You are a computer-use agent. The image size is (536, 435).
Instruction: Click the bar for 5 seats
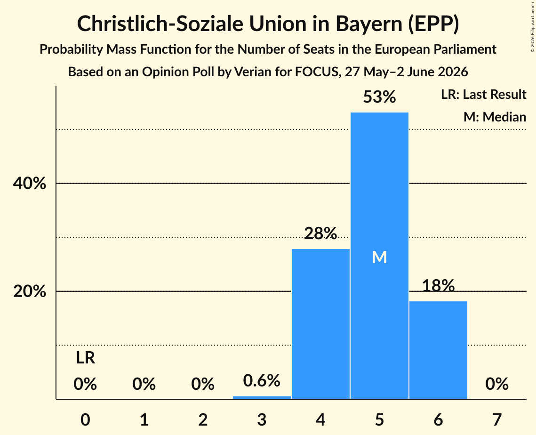coord(379,256)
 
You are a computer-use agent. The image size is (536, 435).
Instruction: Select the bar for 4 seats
coord(320,324)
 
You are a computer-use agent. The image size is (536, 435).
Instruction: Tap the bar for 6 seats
coord(438,350)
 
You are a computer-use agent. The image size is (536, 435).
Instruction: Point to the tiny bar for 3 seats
coord(262,397)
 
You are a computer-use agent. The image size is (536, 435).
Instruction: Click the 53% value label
coord(379,97)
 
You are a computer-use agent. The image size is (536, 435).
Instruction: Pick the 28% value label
coord(320,233)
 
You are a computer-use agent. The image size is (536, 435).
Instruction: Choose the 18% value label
coord(438,286)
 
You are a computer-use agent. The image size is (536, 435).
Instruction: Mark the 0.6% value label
coord(262,380)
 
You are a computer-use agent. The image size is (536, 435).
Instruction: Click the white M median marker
coord(379,257)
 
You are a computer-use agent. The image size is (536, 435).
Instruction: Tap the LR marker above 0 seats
coord(86,358)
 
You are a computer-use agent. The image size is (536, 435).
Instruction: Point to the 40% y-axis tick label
coord(30,183)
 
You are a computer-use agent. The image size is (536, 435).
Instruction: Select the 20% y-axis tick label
coord(30,291)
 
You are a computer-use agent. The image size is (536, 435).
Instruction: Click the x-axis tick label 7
coord(497,419)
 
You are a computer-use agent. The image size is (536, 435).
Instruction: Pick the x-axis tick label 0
coord(86,419)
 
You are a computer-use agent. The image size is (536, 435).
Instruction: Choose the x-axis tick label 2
coord(203,419)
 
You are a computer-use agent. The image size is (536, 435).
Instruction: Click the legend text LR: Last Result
coord(484,94)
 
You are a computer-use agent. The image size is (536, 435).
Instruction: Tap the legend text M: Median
coord(495,117)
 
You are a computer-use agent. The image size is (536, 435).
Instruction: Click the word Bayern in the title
coord(369,24)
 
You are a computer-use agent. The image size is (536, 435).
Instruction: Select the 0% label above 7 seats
coord(497,384)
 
